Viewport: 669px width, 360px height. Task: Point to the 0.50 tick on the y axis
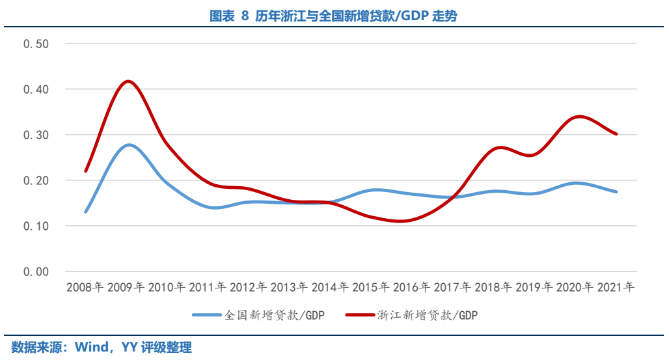36,44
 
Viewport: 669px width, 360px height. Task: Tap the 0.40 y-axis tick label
36,89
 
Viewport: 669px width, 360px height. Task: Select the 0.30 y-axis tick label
36,135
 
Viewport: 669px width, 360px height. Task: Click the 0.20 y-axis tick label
36,180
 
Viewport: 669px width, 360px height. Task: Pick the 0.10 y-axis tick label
36,226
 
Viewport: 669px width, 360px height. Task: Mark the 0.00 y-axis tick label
36,271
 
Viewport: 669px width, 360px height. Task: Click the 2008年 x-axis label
86,287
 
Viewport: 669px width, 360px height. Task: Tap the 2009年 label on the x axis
127,287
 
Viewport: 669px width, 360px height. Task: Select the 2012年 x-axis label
249,287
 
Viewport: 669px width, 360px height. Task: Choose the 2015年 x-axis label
372,287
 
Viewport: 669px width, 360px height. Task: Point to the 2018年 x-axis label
494,287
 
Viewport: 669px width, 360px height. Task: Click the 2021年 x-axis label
616,287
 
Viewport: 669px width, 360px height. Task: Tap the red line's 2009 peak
128,81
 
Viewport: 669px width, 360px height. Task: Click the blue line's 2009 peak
128,145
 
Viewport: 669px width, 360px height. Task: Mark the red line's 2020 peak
577,117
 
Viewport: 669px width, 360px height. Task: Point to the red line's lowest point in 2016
401,221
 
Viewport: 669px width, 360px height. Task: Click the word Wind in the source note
91,347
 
